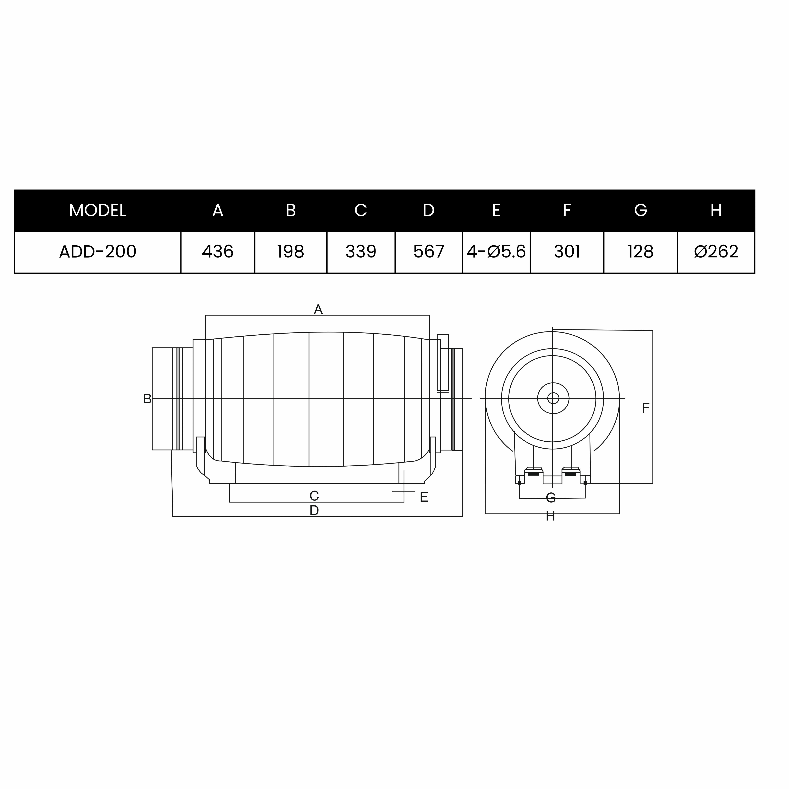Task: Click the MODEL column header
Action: coord(98,210)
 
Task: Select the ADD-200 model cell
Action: coord(98,252)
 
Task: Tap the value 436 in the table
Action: coord(218,252)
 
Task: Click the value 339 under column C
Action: coord(361,252)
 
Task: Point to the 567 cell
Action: coord(428,252)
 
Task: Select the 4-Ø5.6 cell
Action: coord(496,252)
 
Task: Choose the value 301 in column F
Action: coord(567,252)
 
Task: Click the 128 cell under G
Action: coord(640,252)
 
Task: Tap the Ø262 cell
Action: coord(716,252)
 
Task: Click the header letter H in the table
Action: coord(716,210)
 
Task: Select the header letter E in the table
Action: coord(496,210)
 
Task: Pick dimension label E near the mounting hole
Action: coord(424,497)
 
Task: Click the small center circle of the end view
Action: coord(553,398)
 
